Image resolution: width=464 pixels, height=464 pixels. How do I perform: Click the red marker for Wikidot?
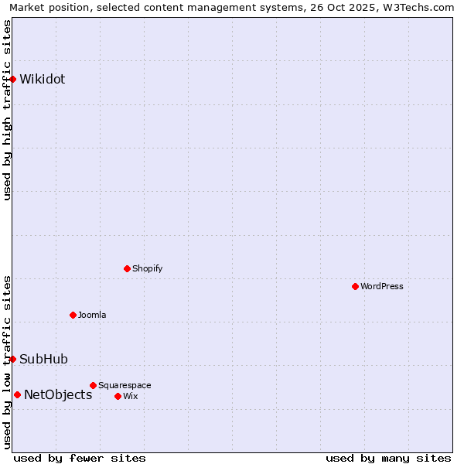pyautogui.click(x=13, y=79)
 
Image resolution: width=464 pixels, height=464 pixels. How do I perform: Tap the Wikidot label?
pyautogui.click(x=43, y=79)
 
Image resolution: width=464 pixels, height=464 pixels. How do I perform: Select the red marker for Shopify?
pyautogui.click(x=127, y=268)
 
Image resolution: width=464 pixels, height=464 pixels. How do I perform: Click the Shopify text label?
pyautogui.click(x=147, y=268)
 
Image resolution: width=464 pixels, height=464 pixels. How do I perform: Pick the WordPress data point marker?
pyautogui.click(x=355, y=286)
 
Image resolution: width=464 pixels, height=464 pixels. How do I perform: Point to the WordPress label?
pyautogui.click(x=382, y=286)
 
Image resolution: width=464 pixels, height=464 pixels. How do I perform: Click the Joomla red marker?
pyautogui.click(x=73, y=315)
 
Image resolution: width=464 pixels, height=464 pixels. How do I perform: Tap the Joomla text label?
pyautogui.click(x=92, y=315)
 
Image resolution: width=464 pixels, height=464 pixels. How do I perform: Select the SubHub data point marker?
pyautogui.click(x=13, y=359)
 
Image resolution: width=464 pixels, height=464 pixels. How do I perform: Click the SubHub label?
pyautogui.click(x=44, y=359)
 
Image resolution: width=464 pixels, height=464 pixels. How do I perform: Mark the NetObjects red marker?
pyautogui.click(x=17, y=394)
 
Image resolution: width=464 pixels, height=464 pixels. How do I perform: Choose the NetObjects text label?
pyautogui.click(x=58, y=394)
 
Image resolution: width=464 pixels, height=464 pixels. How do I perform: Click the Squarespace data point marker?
pyautogui.click(x=93, y=385)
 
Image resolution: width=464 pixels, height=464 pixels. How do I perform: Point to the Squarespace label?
pyautogui.click(x=125, y=385)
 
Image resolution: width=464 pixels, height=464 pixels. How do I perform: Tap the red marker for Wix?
pyautogui.click(x=118, y=396)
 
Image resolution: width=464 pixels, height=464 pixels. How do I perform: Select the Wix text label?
pyautogui.click(x=130, y=396)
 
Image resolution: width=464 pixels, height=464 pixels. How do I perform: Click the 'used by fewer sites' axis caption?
pyautogui.click(x=80, y=458)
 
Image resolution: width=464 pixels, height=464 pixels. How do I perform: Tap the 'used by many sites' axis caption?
pyautogui.click(x=388, y=458)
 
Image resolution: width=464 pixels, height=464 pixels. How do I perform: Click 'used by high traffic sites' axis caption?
pyautogui.click(x=8, y=110)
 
